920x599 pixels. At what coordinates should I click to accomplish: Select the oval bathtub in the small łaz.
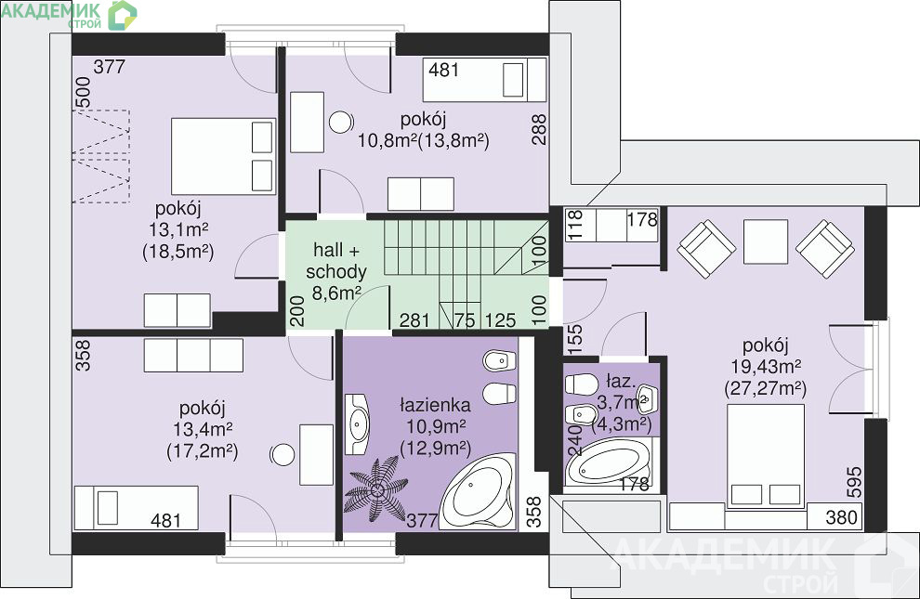click(608, 464)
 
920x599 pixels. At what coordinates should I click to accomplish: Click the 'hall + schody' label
click(336, 261)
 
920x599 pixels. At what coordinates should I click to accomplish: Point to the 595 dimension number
click(855, 482)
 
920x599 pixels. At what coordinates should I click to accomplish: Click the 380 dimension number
click(841, 517)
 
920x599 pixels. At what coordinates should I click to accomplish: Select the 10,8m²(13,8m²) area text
click(424, 140)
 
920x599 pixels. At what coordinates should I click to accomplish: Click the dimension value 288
click(539, 129)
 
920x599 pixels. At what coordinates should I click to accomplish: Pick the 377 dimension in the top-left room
click(109, 67)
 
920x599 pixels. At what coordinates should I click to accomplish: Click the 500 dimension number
click(84, 93)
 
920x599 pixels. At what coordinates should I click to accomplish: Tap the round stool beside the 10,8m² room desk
click(341, 122)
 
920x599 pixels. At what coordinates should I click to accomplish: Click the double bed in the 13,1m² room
click(223, 157)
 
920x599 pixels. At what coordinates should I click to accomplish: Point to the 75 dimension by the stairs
click(464, 320)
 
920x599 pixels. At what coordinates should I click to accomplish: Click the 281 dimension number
click(414, 320)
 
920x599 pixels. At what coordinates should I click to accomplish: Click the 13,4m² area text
click(203, 430)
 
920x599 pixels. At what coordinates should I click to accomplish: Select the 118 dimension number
click(575, 225)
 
